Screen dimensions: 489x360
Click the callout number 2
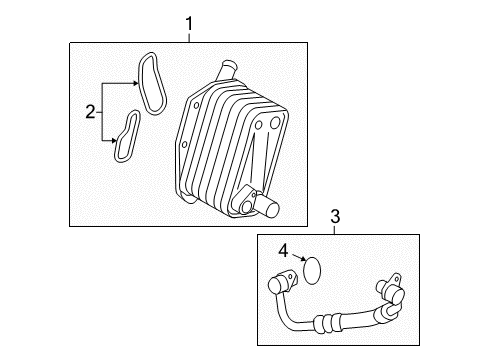click(x=90, y=112)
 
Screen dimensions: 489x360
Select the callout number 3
click(x=335, y=215)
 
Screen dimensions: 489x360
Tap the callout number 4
click(x=283, y=252)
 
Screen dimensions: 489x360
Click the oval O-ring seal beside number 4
click(x=314, y=270)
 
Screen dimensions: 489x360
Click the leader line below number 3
click(x=335, y=228)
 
